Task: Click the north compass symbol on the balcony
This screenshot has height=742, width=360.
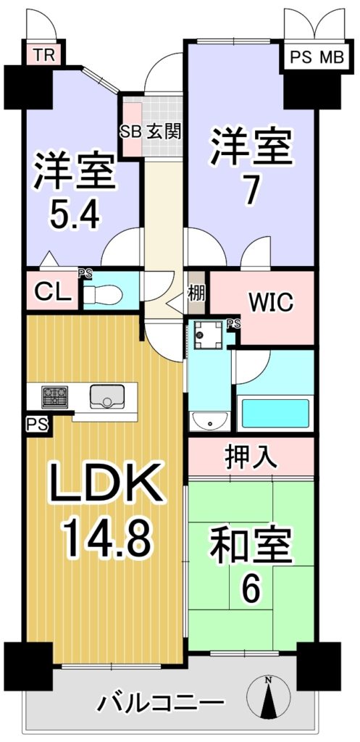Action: (268, 696)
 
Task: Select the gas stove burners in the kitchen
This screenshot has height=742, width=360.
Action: (55, 396)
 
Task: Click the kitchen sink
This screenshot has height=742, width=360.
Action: (107, 396)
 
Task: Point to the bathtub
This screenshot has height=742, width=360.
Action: (275, 414)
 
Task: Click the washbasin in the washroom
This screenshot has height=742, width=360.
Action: (209, 421)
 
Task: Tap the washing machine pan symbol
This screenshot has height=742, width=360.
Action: (208, 335)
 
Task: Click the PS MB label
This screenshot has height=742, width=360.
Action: (317, 58)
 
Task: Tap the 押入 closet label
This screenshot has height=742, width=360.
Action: (251, 458)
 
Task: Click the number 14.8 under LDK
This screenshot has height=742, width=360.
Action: (108, 538)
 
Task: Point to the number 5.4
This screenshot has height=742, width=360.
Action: (75, 217)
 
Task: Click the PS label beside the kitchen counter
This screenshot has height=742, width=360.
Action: (37, 424)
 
